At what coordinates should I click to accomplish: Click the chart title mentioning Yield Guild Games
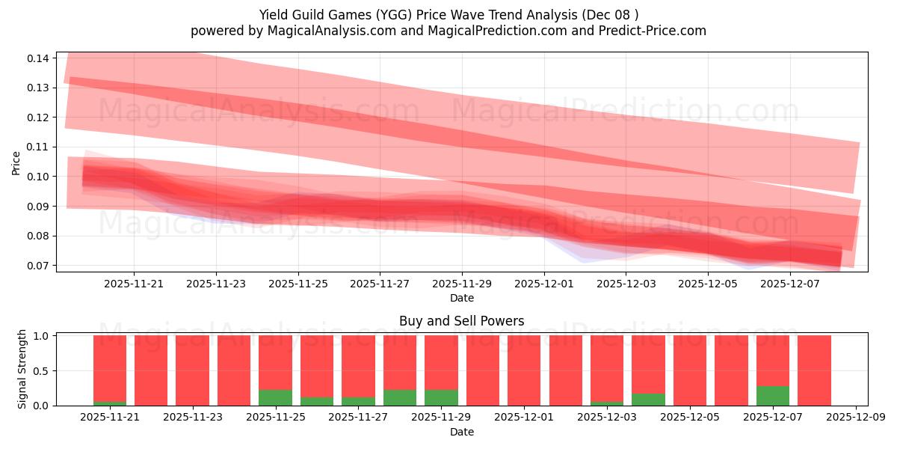click(x=449, y=14)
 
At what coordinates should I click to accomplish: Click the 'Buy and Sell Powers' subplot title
click(x=461, y=321)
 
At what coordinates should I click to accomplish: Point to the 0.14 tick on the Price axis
click(x=39, y=58)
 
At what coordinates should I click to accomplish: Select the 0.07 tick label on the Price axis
click(x=39, y=266)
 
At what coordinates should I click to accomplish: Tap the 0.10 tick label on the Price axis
click(x=39, y=177)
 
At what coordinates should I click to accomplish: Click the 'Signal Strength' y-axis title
click(x=22, y=369)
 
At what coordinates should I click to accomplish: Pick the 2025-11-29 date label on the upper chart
click(x=462, y=284)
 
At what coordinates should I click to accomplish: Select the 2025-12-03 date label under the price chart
click(x=626, y=284)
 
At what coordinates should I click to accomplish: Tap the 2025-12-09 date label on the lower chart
click(x=855, y=418)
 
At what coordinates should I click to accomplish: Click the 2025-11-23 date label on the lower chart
click(x=192, y=418)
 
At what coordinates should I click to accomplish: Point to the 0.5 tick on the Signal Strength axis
click(x=42, y=370)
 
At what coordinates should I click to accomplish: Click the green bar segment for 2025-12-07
click(x=772, y=396)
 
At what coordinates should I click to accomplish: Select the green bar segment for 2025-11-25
click(x=275, y=397)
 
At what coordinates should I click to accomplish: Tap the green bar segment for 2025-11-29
click(x=441, y=397)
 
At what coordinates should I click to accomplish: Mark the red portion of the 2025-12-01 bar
click(x=524, y=370)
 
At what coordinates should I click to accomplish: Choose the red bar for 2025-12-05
click(x=689, y=370)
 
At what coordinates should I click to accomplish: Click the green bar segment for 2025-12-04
click(x=648, y=400)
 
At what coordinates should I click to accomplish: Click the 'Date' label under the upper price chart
click(x=461, y=298)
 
